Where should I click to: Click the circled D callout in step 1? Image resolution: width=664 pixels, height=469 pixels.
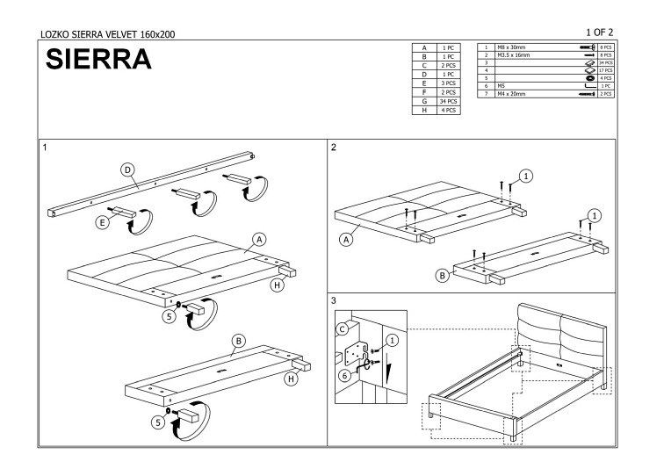[127, 170]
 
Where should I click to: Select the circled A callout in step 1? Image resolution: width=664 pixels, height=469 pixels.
[259, 239]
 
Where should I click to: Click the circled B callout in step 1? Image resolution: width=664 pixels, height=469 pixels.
[238, 340]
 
